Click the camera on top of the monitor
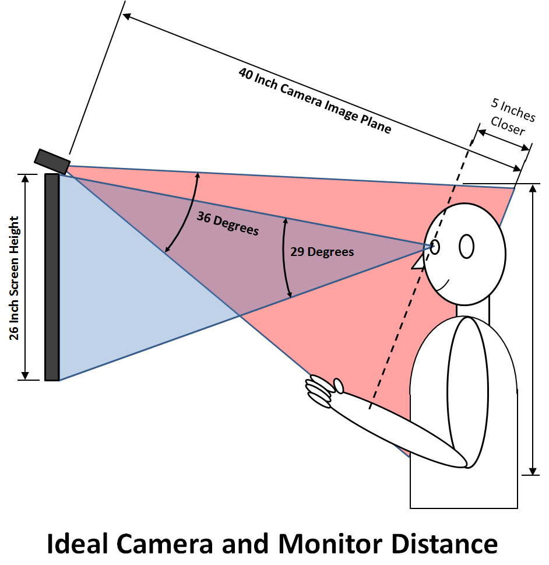click(x=52, y=161)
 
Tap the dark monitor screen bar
click(x=52, y=278)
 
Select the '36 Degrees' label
click(x=227, y=224)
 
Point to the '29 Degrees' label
click(x=322, y=252)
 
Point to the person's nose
click(x=417, y=264)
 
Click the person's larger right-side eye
click(x=466, y=245)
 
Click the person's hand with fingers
click(x=323, y=389)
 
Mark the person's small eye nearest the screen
click(x=435, y=247)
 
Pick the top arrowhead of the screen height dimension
click(x=25, y=178)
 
